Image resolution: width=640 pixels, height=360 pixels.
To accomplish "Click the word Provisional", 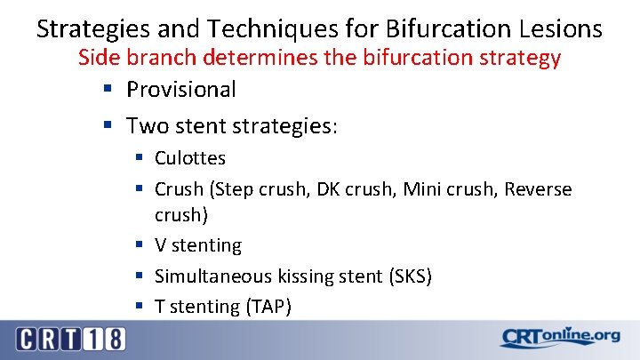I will click(x=181, y=89).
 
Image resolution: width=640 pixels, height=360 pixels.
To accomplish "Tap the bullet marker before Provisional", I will click(x=108, y=90).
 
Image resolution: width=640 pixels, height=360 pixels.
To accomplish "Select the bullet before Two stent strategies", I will click(x=108, y=126).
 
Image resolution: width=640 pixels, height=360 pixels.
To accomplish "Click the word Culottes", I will click(x=190, y=158).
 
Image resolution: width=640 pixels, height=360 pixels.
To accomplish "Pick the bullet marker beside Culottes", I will click(x=139, y=159).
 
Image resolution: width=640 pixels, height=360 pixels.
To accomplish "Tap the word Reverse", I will click(x=538, y=189).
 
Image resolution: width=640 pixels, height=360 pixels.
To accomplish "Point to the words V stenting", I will click(x=197, y=244).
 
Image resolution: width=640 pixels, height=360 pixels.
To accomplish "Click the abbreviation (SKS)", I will click(x=410, y=276).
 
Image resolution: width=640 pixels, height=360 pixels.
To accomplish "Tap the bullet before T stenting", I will click(x=139, y=307).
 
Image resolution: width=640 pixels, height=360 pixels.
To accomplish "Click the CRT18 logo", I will click(x=70, y=339).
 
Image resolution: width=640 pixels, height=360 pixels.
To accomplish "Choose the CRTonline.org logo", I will click(x=559, y=338).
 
